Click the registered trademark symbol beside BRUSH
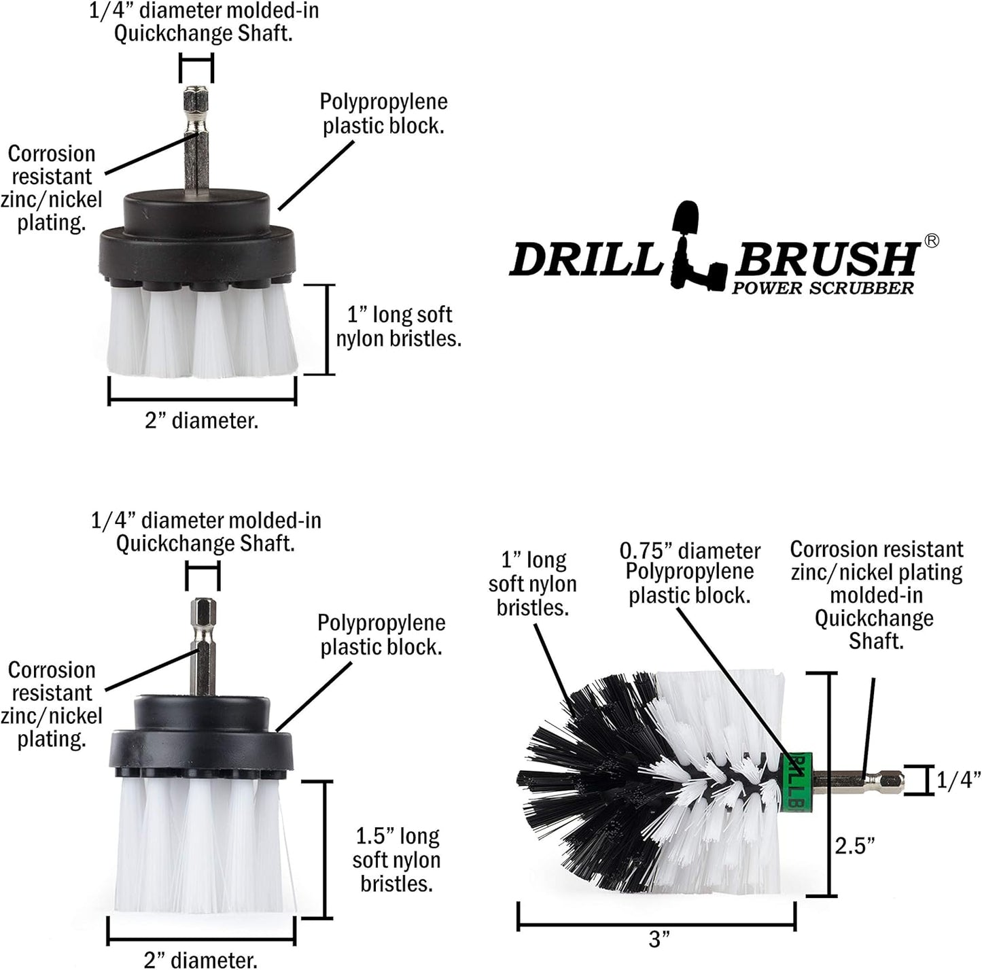click(x=932, y=241)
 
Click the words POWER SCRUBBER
click(x=822, y=288)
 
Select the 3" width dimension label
click(x=659, y=940)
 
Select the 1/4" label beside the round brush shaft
click(x=958, y=780)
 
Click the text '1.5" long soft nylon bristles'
click(x=396, y=859)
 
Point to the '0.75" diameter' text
click(x=690, y=551)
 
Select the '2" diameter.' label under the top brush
click(x=201, y=421)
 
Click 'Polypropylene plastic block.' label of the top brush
click(x=383, y=114)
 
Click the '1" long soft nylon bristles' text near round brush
click(x=532, y=584)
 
